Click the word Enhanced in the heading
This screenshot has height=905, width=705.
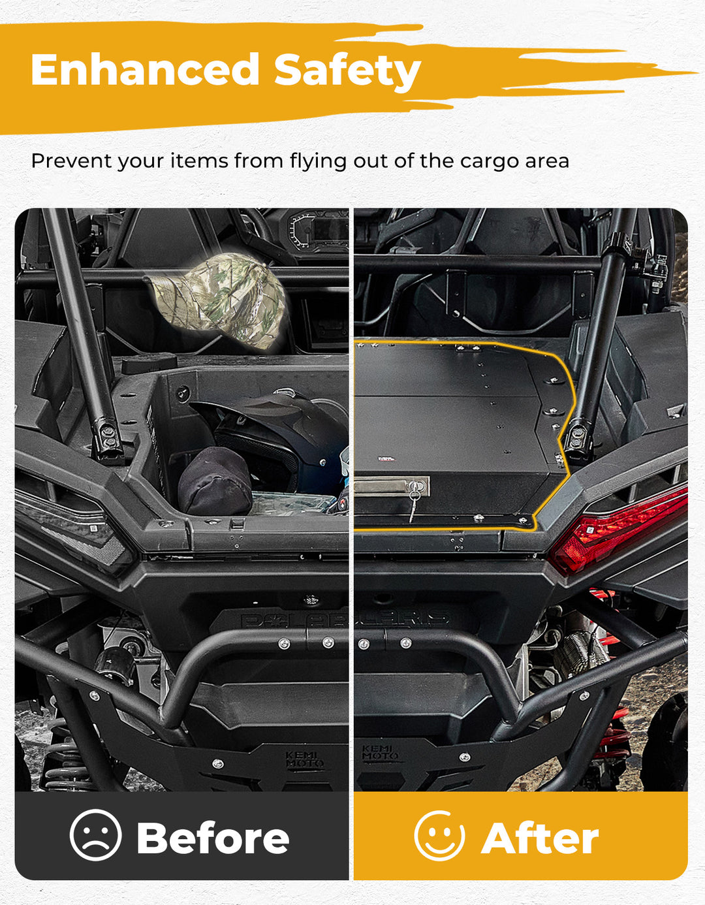point(145,69)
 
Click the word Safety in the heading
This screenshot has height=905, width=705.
point(347,72)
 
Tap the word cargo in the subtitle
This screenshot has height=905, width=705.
point(489,161)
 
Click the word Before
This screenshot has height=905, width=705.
point(213,838)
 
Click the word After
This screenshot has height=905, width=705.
point(540,838)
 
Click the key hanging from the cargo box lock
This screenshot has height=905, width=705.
point(413,501)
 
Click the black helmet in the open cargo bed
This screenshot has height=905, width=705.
point(275,437)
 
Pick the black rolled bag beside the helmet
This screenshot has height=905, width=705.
point(215,481)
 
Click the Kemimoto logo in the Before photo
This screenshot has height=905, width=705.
point(304,761)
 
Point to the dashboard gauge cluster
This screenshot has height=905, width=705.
point(319,231)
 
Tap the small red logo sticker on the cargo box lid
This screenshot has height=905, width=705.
point(386,459)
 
